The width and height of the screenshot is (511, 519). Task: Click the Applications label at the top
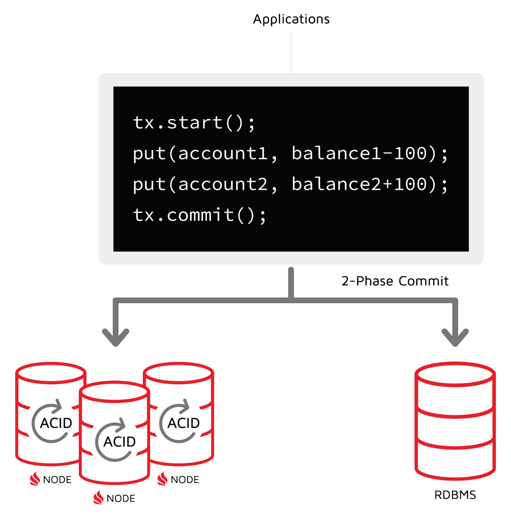click(291, 19)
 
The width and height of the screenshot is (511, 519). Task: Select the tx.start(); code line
click(194, 122)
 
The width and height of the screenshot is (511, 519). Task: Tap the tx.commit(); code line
click(200, 215)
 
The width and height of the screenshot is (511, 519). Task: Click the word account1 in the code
click(223, 154)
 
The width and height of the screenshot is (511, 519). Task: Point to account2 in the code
click(223, 184)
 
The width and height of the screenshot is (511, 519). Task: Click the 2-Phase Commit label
click(395, 281)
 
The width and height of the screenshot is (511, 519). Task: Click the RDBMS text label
click(455, 495)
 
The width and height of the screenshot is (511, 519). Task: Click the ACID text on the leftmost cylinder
click(56, 423)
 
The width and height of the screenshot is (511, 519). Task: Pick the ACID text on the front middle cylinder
click(120, 442)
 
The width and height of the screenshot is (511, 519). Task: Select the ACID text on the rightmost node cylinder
click(184, 423)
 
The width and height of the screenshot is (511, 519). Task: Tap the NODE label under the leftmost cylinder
click(57, 480)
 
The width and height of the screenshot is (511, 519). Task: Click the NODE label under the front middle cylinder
click(121, 499)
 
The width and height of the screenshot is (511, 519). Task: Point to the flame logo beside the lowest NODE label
click(99, 498)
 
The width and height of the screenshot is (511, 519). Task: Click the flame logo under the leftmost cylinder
click(35, 479)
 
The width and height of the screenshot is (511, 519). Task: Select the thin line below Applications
click(291, 52)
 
